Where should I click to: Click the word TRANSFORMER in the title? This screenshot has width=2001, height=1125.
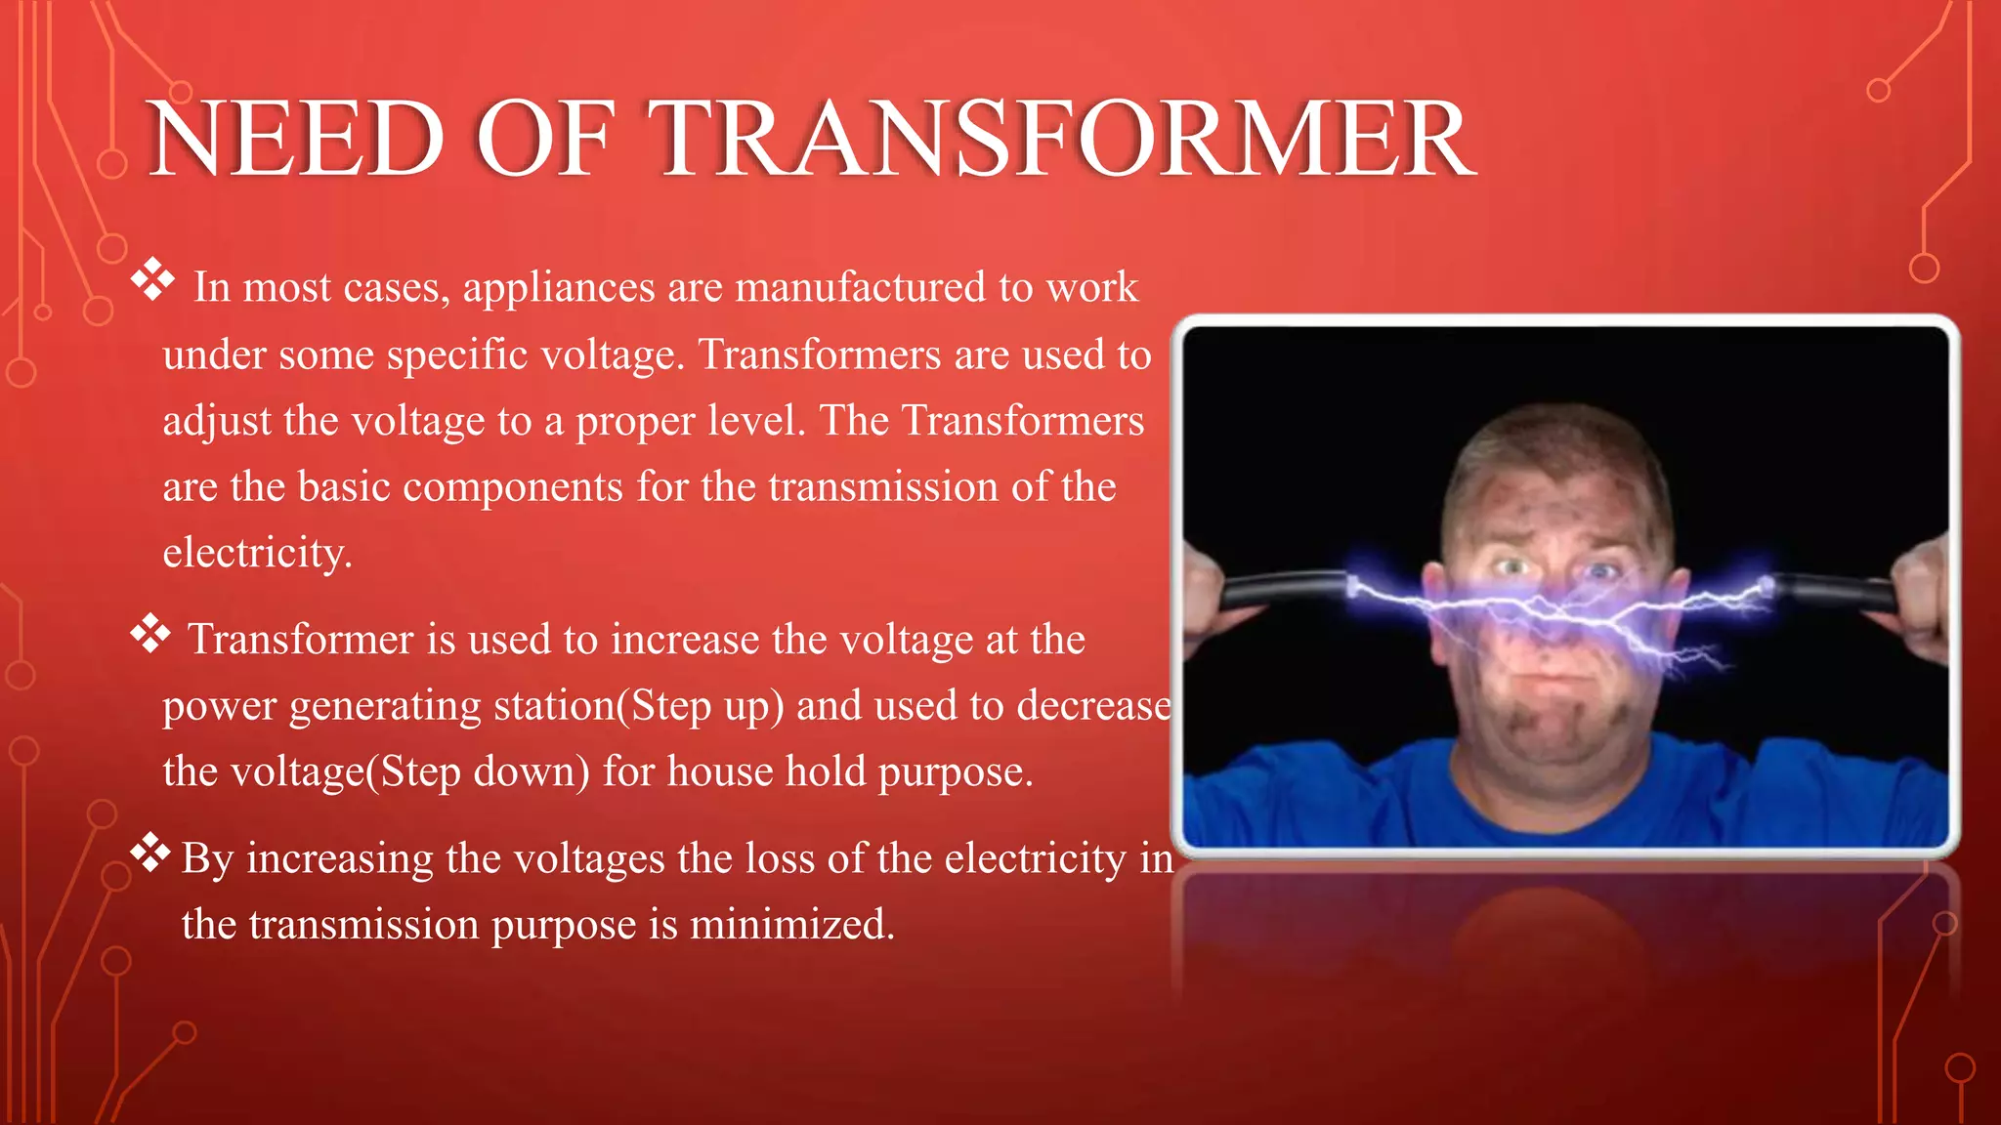(1061, 139)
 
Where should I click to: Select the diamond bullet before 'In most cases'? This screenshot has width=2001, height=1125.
(152, 280)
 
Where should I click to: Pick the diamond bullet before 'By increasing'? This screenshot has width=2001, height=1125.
(150, 852)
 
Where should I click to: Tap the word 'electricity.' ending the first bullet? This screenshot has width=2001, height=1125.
(257, 554)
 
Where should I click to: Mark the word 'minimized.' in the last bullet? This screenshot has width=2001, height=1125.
(792, 925)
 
